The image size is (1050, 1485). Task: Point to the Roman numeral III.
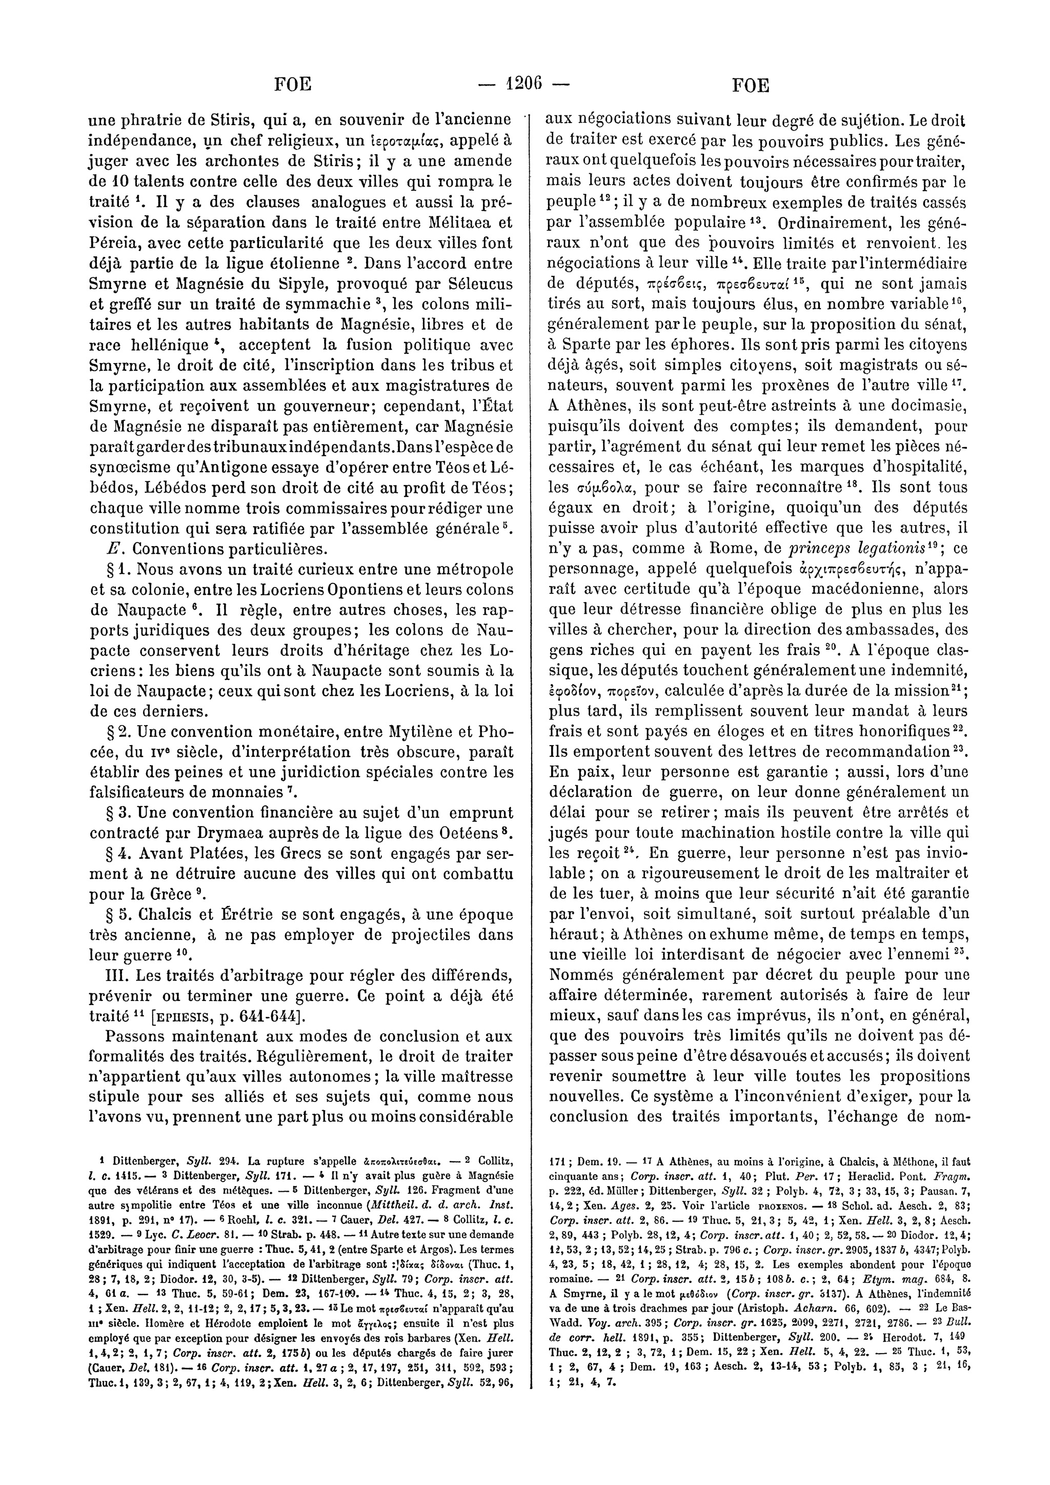[x=101, y=975]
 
